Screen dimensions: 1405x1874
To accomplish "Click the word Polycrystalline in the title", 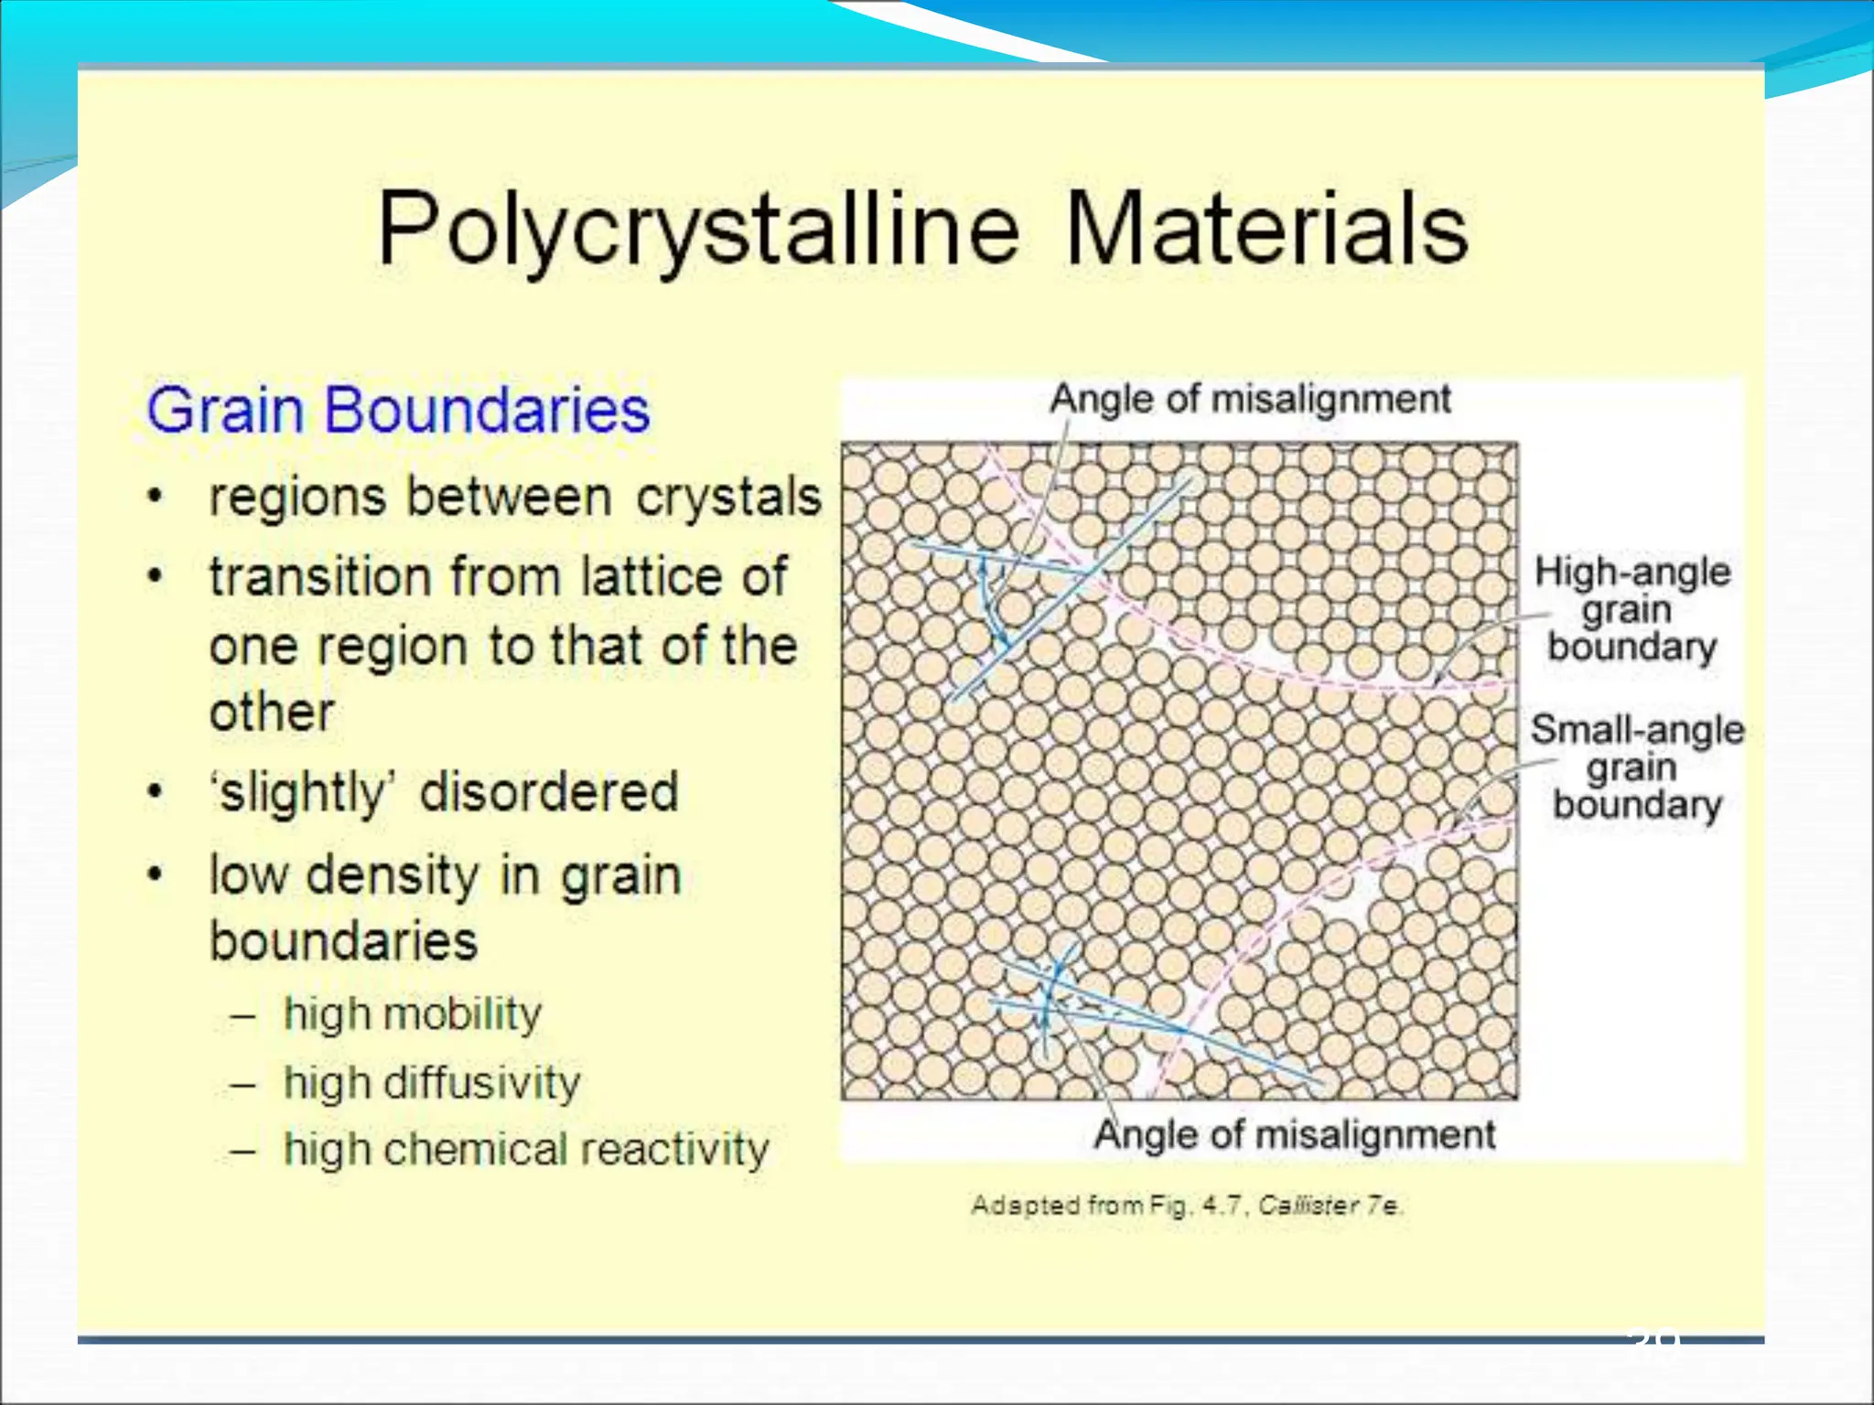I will tap(697, 229).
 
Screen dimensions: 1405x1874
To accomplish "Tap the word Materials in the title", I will tap(1266, 229).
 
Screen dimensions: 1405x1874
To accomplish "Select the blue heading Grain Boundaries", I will tap(398, 410).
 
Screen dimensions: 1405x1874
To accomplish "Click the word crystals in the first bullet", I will tap(728, 498).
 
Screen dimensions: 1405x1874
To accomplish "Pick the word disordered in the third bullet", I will tap(549, 791).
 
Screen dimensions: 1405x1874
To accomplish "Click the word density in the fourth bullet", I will tap(393, 875).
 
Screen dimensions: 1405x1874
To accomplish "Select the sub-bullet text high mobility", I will tap(412, 1014).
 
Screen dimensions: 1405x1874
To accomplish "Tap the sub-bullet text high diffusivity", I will tap(431, 1082).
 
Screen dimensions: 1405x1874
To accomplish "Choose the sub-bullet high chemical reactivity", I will tap(526, 1149).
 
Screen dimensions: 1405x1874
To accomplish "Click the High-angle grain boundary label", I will tap(1632, 608).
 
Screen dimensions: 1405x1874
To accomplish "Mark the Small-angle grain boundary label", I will tap(1637, 767).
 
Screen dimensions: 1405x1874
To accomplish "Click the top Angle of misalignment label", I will tap(1250, 399).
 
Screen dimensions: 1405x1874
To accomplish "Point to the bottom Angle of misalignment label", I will tap(1294, 1134).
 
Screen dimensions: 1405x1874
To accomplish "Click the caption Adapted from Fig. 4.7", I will tap(1186, 1206).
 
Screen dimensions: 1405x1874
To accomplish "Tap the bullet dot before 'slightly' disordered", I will tap(156, 792).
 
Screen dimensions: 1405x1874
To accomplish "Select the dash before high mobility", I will tap(242, 1015).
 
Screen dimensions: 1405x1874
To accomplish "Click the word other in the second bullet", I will tap(272, 712).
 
